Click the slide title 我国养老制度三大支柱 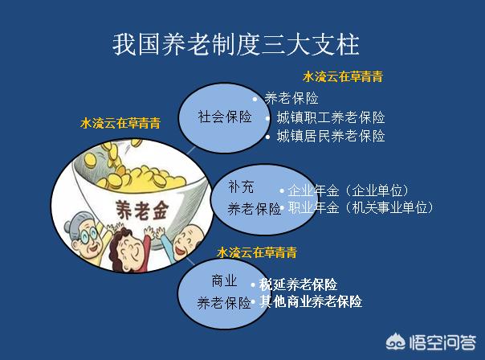click(x=236, y=44)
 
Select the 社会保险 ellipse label click(x=225, y=117)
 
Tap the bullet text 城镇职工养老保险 click(x=331, y=117)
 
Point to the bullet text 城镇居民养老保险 click(x=331, y=136)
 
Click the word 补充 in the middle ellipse click(x=241, y=187)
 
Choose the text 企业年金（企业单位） click(x=348, y=190)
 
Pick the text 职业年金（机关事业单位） click(x=361, y=207)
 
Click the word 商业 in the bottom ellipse click(x=224, y=281)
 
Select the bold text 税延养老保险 click(x=298, y=284)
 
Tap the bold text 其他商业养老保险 click(x=311, y=301)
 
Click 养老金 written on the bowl click(x=142, y=211)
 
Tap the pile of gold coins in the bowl click(x=136, y=174)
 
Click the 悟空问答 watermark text click(x=442, y=343)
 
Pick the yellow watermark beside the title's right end click(x=343, y=76)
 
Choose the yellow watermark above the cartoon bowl click(x=120, y=123)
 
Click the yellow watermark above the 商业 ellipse click(x=257, y=252)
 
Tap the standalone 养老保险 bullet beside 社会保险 click(x=291, y=99)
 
